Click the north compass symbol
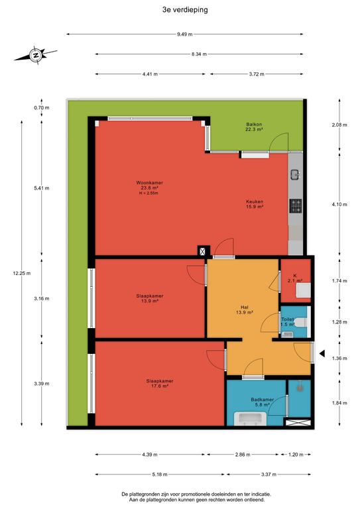35,55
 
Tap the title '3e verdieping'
185,10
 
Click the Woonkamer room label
150,183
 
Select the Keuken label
255,201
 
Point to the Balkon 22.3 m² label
254,127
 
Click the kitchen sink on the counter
296,175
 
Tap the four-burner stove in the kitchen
296,206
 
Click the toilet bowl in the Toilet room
300,322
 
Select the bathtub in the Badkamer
251,418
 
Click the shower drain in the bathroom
300,386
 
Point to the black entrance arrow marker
322,353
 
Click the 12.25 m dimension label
22,273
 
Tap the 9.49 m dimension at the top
185,34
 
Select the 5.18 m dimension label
160,475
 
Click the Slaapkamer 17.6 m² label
159,383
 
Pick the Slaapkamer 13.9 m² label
150,298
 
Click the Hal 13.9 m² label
245,310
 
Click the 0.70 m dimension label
42,108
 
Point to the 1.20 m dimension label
296,455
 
